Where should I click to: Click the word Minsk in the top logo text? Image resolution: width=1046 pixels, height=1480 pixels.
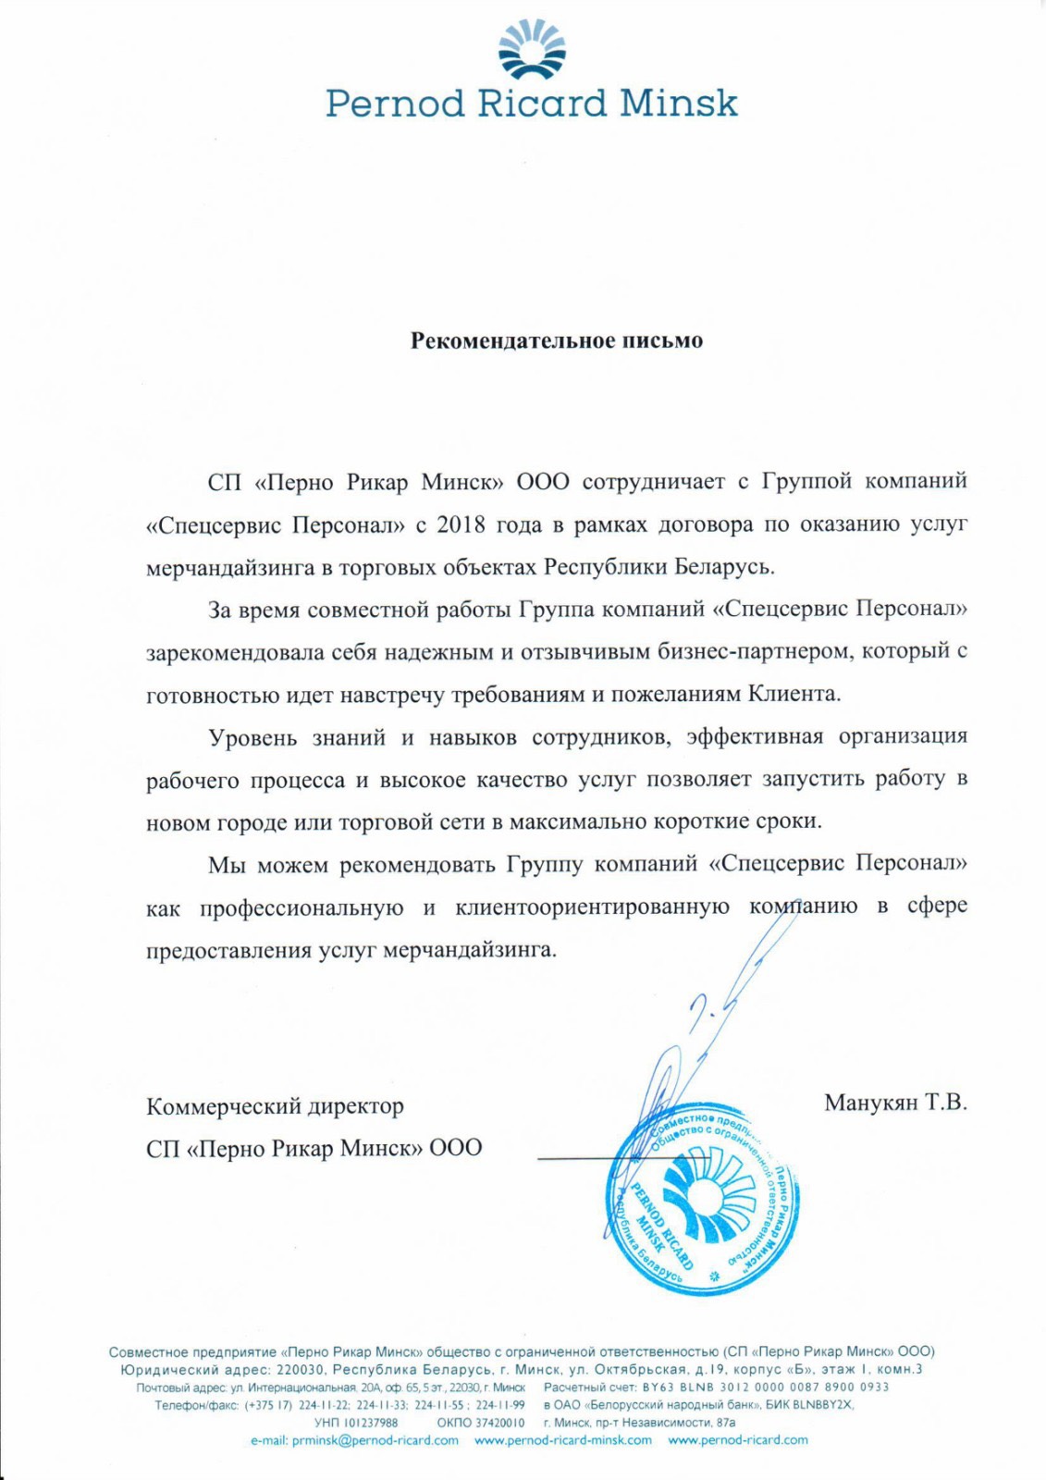coord(678,103)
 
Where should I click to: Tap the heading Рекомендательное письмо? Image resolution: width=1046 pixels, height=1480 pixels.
coord(557,340)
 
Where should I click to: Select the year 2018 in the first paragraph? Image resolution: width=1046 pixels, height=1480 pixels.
coord(461,524)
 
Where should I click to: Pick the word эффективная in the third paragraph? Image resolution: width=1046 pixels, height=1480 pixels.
coord(755,737)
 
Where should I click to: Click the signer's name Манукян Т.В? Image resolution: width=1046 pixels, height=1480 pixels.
coord(894,1103)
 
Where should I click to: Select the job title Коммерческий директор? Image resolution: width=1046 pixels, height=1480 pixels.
coord(275,1106)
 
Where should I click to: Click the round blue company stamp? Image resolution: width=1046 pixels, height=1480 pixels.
coord(700,1198)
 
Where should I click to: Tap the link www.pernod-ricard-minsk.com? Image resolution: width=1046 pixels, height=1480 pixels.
coord(563,1440)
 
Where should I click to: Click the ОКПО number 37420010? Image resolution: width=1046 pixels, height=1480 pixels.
coord(500,1423)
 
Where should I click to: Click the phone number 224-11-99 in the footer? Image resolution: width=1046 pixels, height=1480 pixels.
coord(500,1404)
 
